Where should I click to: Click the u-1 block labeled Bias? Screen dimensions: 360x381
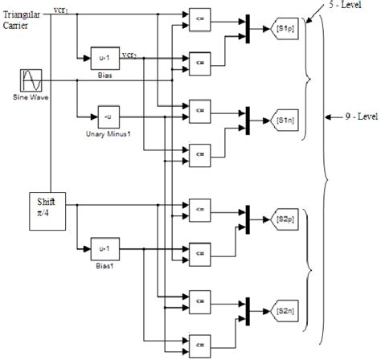click(102, 58)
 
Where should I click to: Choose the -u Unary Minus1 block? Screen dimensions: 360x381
click(110, 114)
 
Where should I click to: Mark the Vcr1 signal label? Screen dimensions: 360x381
click(61, 9)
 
